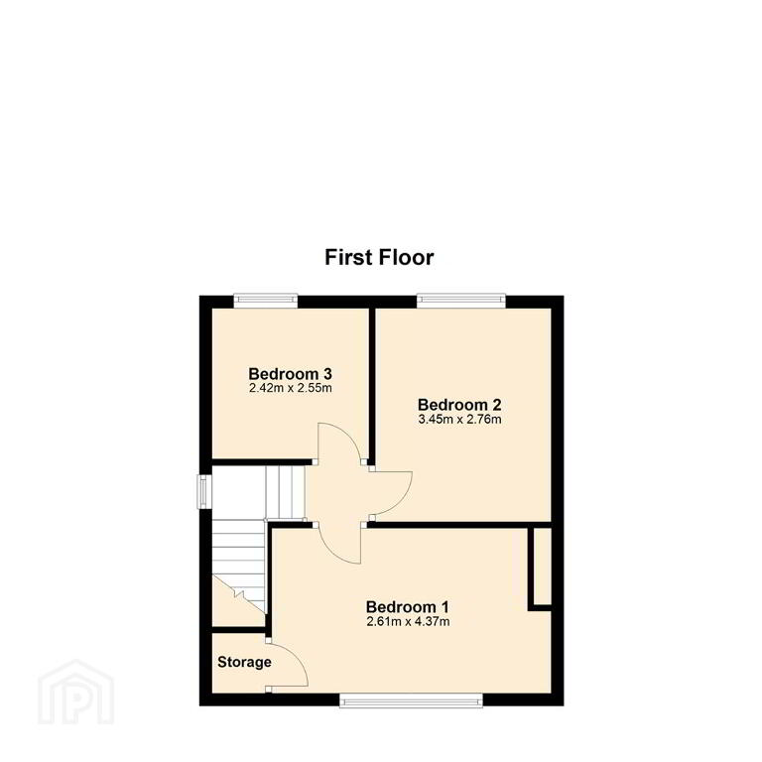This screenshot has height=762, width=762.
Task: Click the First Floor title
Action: (379, 258)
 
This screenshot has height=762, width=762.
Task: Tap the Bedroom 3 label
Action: (290, 374)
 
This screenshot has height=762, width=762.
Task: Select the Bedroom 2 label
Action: (459, 405)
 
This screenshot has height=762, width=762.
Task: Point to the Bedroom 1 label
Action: (407, 606)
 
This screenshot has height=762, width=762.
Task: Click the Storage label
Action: (244, 663)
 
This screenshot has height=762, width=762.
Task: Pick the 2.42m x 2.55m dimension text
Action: (290, 388)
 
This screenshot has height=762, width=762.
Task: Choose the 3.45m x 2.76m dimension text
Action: (459, 419)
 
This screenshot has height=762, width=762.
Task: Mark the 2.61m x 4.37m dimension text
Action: (408, 621)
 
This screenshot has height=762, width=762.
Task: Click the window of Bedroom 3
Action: (265, 301)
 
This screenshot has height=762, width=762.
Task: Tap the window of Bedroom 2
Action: (461, 301)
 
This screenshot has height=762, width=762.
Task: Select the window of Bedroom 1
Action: (411, 700)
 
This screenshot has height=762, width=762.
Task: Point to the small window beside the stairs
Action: (204, 492)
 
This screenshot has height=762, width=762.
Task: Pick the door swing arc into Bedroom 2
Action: (400, 500)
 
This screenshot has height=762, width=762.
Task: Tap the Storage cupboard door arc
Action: (298, 658)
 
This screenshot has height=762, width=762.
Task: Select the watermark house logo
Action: (75, 692)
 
